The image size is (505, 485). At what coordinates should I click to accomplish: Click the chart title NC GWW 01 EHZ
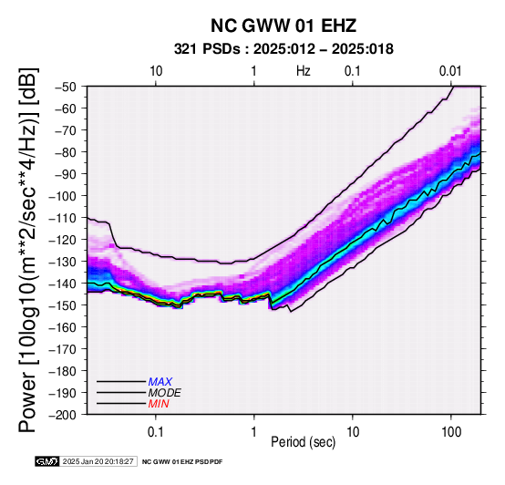[283, 26]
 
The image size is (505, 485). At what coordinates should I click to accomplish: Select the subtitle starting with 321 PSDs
[283, 49]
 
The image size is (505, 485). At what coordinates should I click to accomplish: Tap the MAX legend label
[160, 382]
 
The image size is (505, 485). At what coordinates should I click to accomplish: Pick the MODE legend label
[165, 393]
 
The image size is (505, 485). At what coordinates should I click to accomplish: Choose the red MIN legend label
[159, 404]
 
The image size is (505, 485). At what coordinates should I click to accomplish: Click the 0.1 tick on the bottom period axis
[156, 432]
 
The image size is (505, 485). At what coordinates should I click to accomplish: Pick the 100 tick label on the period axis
[451, 432]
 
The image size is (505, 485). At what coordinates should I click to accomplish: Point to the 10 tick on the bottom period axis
[353, 432]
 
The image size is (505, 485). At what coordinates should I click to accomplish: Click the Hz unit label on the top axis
[304, 71]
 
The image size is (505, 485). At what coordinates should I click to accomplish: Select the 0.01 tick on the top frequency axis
[450, 71]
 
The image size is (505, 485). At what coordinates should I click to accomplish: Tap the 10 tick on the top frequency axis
[156, 71]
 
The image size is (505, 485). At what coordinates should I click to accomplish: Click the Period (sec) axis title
[303, 442]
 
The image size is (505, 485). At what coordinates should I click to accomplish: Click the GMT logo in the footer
[47, 461]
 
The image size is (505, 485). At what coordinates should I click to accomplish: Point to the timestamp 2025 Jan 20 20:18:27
[98, 461]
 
